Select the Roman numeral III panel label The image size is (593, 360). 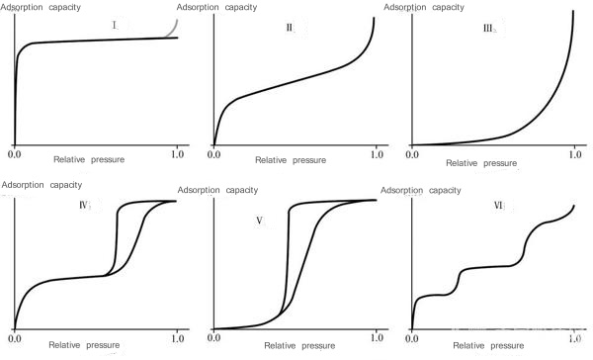[486, 28]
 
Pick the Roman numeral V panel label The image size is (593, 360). [259, 222]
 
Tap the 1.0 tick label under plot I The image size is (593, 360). [178, 155]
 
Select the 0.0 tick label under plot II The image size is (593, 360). [214, 155]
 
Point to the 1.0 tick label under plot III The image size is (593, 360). [576, 156]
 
